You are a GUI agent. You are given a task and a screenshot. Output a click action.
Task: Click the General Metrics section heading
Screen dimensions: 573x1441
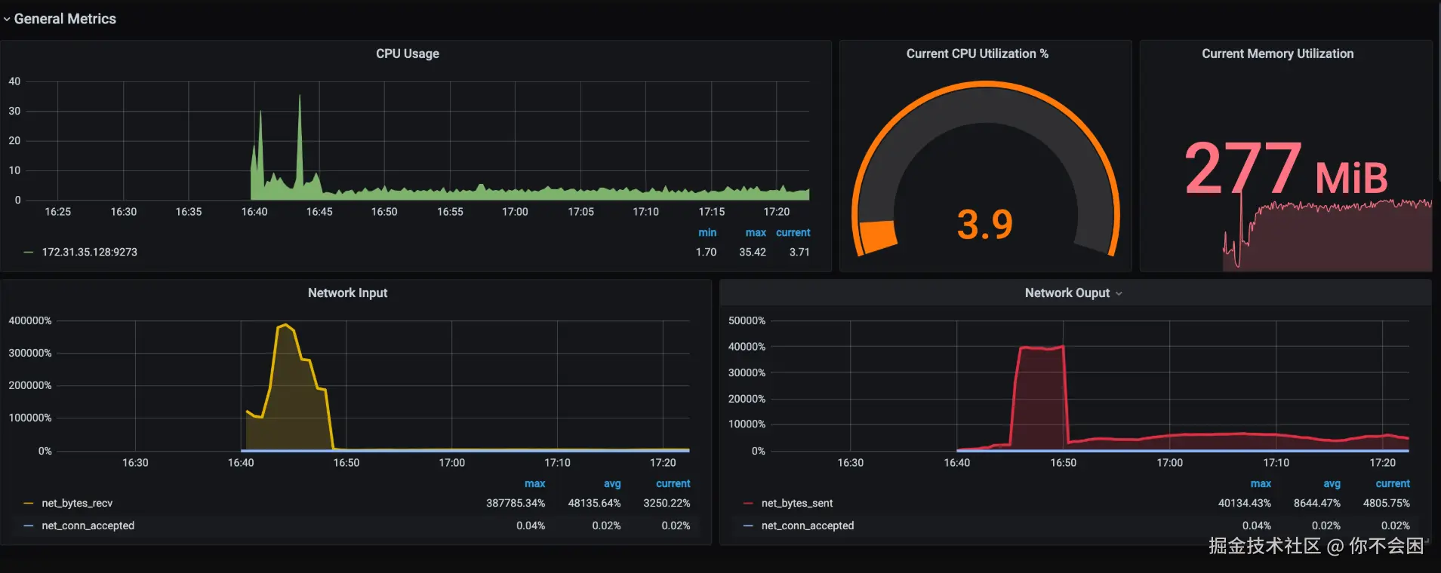pos(65,19)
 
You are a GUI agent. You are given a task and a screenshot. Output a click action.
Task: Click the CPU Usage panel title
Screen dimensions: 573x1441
pos(408,54)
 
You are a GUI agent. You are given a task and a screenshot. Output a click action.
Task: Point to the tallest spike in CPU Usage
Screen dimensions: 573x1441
pos(300,97)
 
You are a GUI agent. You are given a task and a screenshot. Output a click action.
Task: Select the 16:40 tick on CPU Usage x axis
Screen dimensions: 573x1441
pos(254,212)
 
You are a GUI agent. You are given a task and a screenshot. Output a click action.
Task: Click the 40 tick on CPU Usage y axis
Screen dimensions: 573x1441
pos(14,81)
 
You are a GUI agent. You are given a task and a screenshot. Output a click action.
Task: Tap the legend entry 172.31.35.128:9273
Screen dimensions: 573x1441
pos(89,252)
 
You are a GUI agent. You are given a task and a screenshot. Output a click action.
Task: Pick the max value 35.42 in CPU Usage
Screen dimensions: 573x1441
pos(752,252)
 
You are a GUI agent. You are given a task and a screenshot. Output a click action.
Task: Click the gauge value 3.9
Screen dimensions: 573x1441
pos(985,225)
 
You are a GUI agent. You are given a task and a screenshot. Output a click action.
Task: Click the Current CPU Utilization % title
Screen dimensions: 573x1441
pos(977,54)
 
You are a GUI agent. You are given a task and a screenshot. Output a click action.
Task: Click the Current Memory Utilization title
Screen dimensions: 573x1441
pos(1277,54)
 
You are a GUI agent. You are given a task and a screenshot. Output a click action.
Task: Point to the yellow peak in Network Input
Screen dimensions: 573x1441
pos(285,325)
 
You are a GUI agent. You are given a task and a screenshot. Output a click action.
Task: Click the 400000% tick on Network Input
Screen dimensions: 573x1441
pos(30,320)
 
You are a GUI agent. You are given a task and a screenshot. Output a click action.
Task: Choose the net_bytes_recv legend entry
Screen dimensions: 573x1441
pos(77,503)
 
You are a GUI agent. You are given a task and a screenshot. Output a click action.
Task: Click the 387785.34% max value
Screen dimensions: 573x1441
pos(515,503)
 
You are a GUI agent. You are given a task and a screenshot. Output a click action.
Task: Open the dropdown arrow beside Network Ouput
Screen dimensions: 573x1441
pos(1119,293)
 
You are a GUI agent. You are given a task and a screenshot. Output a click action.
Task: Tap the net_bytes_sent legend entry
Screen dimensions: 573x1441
pos(797,503)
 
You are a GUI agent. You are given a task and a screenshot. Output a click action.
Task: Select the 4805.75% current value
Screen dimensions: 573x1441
pos(1386,503)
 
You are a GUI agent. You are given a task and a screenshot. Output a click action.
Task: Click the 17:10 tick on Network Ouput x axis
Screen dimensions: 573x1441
pos(1276,462)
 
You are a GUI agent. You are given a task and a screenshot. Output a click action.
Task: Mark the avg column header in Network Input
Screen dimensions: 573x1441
pos(612,483)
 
